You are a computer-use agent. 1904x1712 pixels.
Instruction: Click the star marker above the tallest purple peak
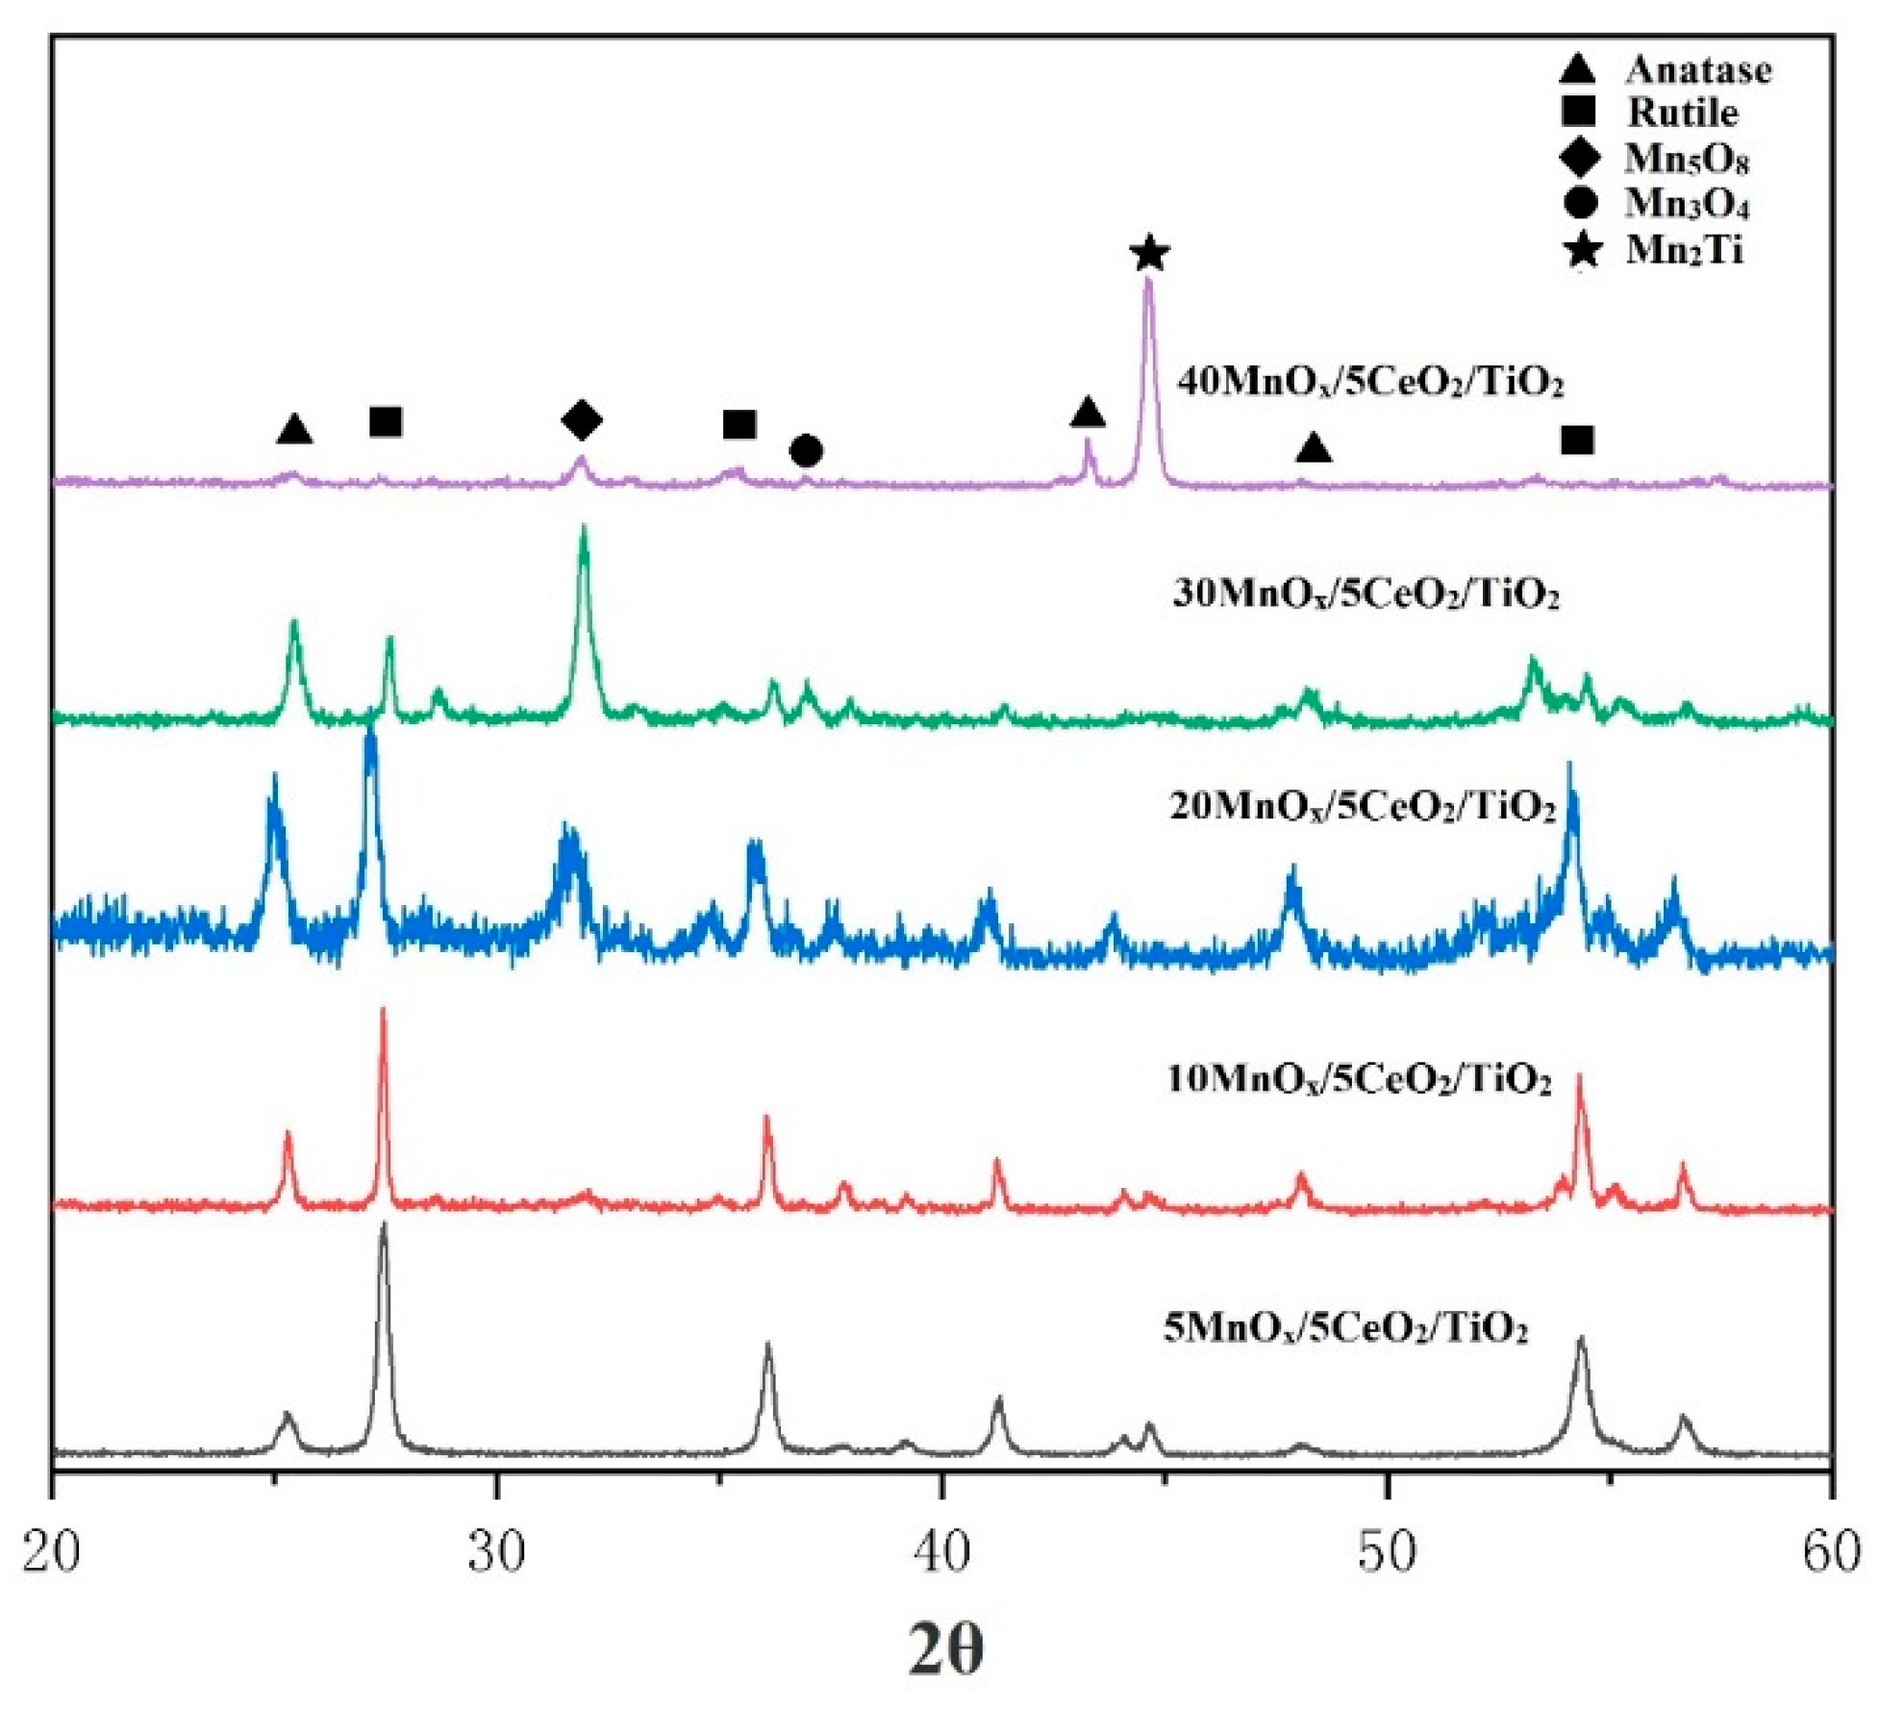click(1150, 254)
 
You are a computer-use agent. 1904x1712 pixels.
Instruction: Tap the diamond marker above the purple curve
click(582, 419)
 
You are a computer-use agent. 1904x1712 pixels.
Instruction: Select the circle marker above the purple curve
click(806, 450)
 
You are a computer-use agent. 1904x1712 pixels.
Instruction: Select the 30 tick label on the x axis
click(497, 1551)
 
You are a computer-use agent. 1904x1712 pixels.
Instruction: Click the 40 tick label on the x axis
click(942, 1551)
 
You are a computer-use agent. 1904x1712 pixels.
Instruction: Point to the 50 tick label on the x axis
click(1388, 1551)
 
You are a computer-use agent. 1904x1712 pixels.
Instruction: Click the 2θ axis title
click(946, 1650)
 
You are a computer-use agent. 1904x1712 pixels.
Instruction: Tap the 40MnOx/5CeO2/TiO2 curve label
click(1370, 382)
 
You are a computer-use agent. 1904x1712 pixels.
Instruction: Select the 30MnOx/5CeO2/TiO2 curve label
click(1365, 593)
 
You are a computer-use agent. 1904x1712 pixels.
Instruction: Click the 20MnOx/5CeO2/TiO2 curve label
click(1363, 805)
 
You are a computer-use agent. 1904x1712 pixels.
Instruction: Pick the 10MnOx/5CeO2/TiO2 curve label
click(1359, 1079)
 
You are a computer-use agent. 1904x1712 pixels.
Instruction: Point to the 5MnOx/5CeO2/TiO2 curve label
click(1345, 1327)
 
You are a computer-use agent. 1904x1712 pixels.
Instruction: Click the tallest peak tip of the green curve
click(584, 528)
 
